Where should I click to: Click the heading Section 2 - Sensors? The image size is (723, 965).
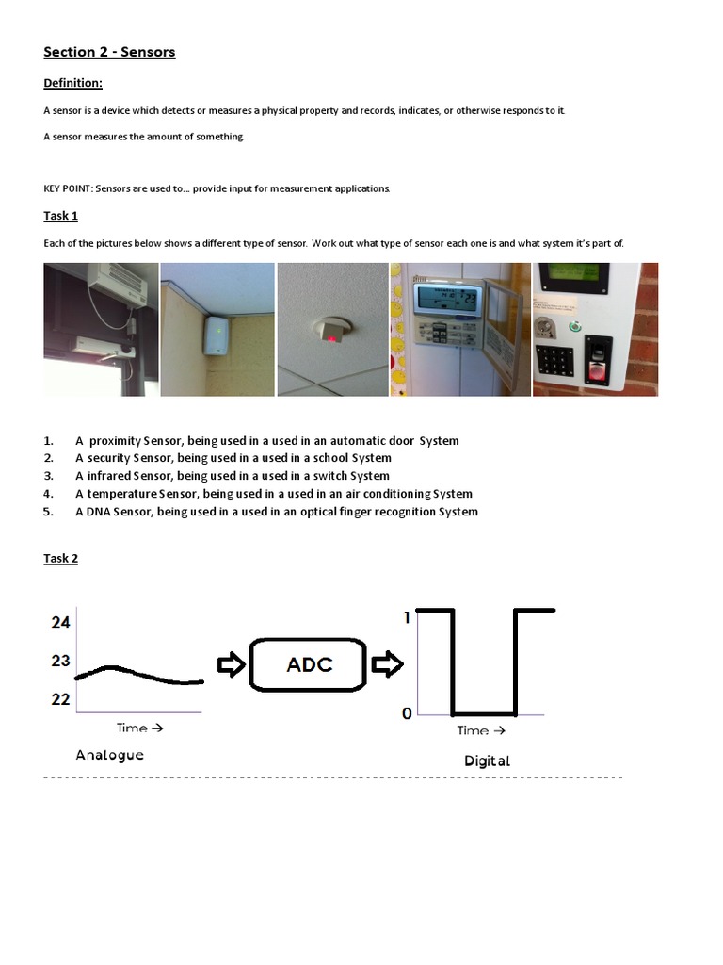click(109, 52)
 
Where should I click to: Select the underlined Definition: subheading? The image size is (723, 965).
click(72, 83)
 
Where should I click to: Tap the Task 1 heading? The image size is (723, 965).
click(60, 216)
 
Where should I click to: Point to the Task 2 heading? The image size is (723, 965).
click(60, 558)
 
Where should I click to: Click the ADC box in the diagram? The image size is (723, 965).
click(309, 664)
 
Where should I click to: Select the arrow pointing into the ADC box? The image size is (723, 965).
click(230, 665)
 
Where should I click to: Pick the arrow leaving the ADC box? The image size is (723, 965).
click(385, 665)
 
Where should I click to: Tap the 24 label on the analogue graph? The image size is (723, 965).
click(60, 622)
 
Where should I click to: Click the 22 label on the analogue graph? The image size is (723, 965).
click(60, 699)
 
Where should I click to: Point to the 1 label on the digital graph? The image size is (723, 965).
click(407, 617)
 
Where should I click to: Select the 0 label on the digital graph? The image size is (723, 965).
click(407, 713)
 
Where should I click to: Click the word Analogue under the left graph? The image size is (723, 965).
click(109, 755)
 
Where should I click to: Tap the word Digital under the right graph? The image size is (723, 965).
click(487, 761)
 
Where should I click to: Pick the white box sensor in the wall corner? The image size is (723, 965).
click(217, 335)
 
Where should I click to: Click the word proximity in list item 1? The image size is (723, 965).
click(115, 440)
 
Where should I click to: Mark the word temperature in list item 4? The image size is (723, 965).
click(120, 494)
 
